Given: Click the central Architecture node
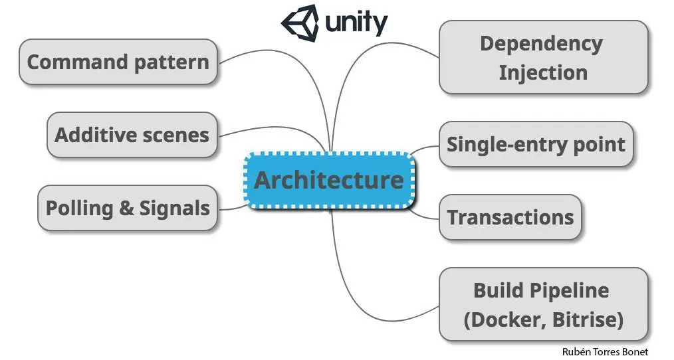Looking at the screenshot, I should click(x=329, y=180).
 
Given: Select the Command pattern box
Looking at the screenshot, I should click(x=118, y=62).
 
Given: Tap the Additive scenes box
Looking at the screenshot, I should click(x=132, y=135).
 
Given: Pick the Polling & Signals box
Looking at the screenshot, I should click(x=127, y=208).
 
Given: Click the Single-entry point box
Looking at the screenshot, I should click(x=536, y=144).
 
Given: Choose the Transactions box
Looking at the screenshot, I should click(x=510, y=217).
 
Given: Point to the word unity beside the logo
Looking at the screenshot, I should click(x=356, y=23).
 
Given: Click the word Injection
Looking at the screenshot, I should click(x=543, y=72).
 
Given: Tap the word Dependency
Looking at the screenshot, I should click(x=541, y=44).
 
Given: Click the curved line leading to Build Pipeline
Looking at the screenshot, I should click(x=359, y=292).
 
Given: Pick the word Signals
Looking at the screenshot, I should click(x=174, y=208).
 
